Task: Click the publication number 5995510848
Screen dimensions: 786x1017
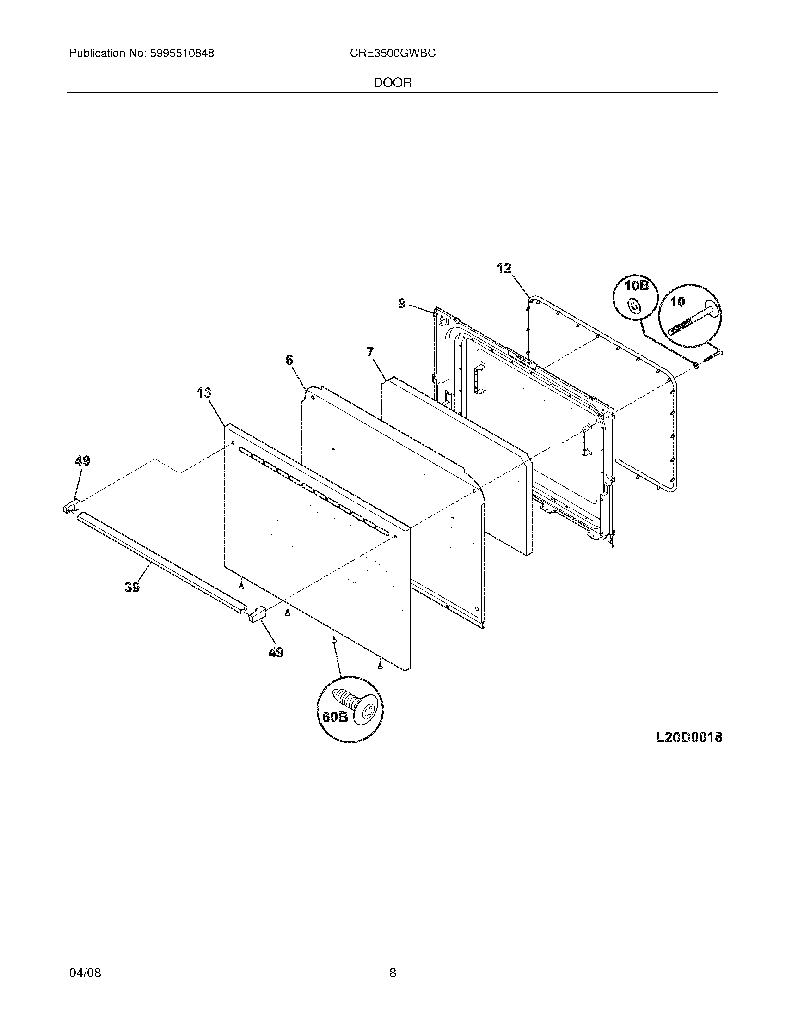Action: tap(181, 54)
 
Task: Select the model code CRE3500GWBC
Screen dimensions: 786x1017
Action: tap(393, 54)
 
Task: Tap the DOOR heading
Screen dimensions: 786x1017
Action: tap(393, 83)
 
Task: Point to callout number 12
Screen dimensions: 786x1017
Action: tap(504, 268)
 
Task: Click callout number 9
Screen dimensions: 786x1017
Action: tap(402, 304)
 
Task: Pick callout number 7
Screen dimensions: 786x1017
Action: tap(370, 352)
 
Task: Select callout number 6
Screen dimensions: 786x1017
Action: tap(289, 360)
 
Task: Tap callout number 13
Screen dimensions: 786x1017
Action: tap(203, 392)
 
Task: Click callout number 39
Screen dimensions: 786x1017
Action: tap(132, 587)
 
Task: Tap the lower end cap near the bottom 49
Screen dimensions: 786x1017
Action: tap(257, 613)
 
